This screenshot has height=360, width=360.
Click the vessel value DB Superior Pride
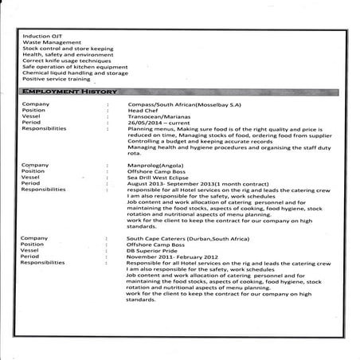pos(156,250)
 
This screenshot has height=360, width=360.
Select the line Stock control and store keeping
pos(68,49)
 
